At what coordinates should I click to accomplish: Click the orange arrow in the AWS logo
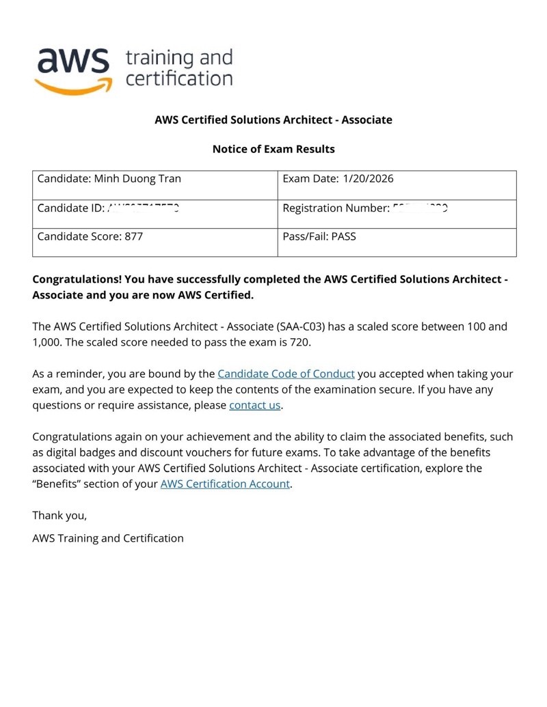(x=71, y=86)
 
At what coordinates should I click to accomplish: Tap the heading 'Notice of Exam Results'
(x=273, y=148)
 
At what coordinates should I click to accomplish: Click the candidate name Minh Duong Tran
(x=137, y=179)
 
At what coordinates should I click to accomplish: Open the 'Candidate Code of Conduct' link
(x=286, y=374)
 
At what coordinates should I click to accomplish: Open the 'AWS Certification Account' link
(x=226, y=484)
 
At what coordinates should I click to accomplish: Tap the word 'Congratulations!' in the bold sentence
(x=77, y=279)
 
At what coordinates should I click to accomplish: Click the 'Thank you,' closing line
(x=59, y=515)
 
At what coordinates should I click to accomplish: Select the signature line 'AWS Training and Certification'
(x=108, y=538)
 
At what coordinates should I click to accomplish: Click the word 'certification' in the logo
(x=179, y=78)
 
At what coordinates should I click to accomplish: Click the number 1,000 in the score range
(x=48, y=342)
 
